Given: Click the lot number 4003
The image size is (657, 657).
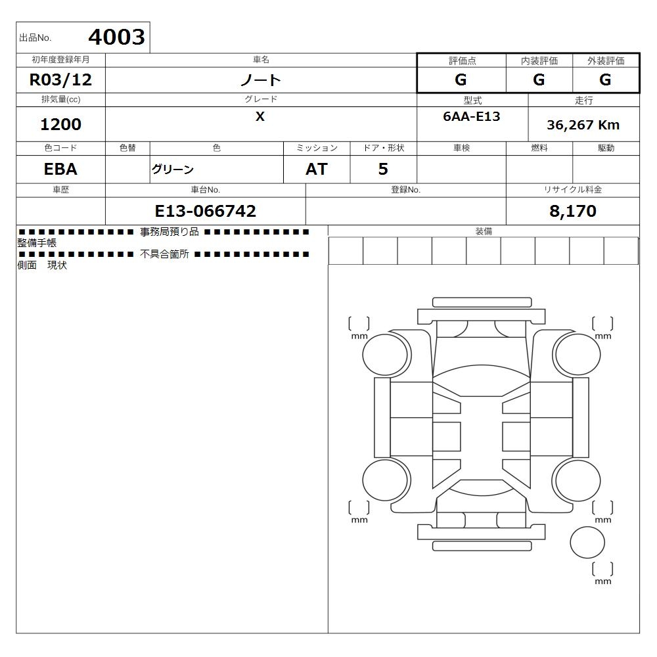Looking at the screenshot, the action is point(116,37).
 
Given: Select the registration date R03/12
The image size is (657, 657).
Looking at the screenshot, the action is point(60,79).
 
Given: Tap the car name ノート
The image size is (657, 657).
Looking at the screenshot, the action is point(261,79).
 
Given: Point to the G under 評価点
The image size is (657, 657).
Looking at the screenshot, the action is point(461,79).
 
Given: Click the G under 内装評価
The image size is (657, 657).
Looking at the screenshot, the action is point(539,79).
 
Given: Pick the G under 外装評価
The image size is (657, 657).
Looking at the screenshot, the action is point(605,79).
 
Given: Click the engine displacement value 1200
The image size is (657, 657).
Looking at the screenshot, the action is point(60,124).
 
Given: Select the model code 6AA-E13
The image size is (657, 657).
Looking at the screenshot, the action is point(471,116).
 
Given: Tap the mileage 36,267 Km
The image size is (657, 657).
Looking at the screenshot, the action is point(583,125).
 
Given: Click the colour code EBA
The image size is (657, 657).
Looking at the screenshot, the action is point(60,170).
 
